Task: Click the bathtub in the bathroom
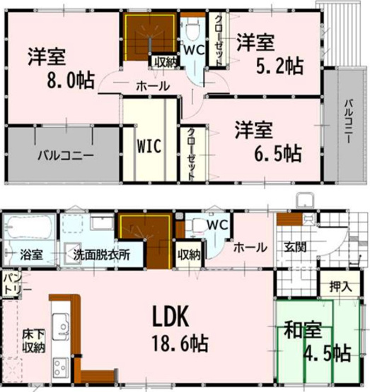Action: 27,229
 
